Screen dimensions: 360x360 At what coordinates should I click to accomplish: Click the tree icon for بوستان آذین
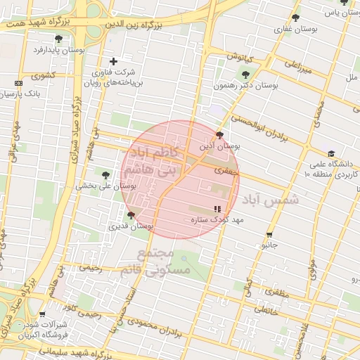coord(220,135)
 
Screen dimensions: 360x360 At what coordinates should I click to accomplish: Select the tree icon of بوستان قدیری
coord(131,215)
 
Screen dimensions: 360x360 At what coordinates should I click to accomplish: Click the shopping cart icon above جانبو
coord(269,235)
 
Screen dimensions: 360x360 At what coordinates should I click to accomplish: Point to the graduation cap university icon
coord(330,154)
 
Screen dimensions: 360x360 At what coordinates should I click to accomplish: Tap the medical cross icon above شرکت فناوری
coord(113,61)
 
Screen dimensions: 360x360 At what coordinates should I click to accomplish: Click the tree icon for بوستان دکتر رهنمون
coord(245,75)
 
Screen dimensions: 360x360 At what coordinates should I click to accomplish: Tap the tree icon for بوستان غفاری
coord(295,18)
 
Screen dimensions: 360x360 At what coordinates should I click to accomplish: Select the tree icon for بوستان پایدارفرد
coord(58,39)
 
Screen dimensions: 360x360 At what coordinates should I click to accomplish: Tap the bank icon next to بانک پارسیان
coord(18,83)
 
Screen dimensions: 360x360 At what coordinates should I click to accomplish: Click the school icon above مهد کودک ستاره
coord(217,209)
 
